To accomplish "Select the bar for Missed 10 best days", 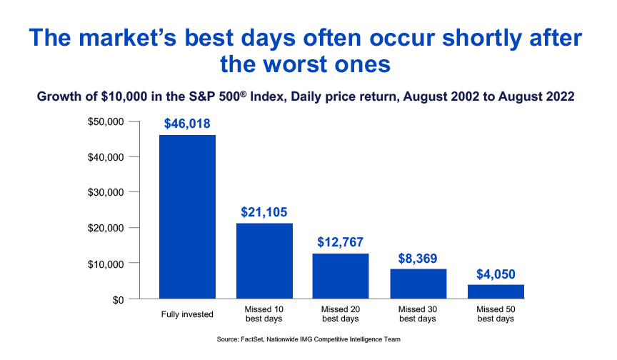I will pyautogui.click(x=264, y=261).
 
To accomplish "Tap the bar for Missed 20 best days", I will pyautogui.click(x=341, y=276).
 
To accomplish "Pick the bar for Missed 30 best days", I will pyautogui.click(x=418, y=284).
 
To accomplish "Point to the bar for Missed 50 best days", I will pyautogui.click(x=496, y=291).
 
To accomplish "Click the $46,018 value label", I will pyautogui.click(x=187, y=124).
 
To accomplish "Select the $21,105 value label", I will pyautogui.click(x=264, y=212).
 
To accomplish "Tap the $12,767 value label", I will pyautogui.click(x=341, y=242).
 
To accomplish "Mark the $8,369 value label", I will pyautogui.click(x=418, y=258).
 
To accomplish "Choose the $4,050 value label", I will pyautogui.click(x=496, y=273).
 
